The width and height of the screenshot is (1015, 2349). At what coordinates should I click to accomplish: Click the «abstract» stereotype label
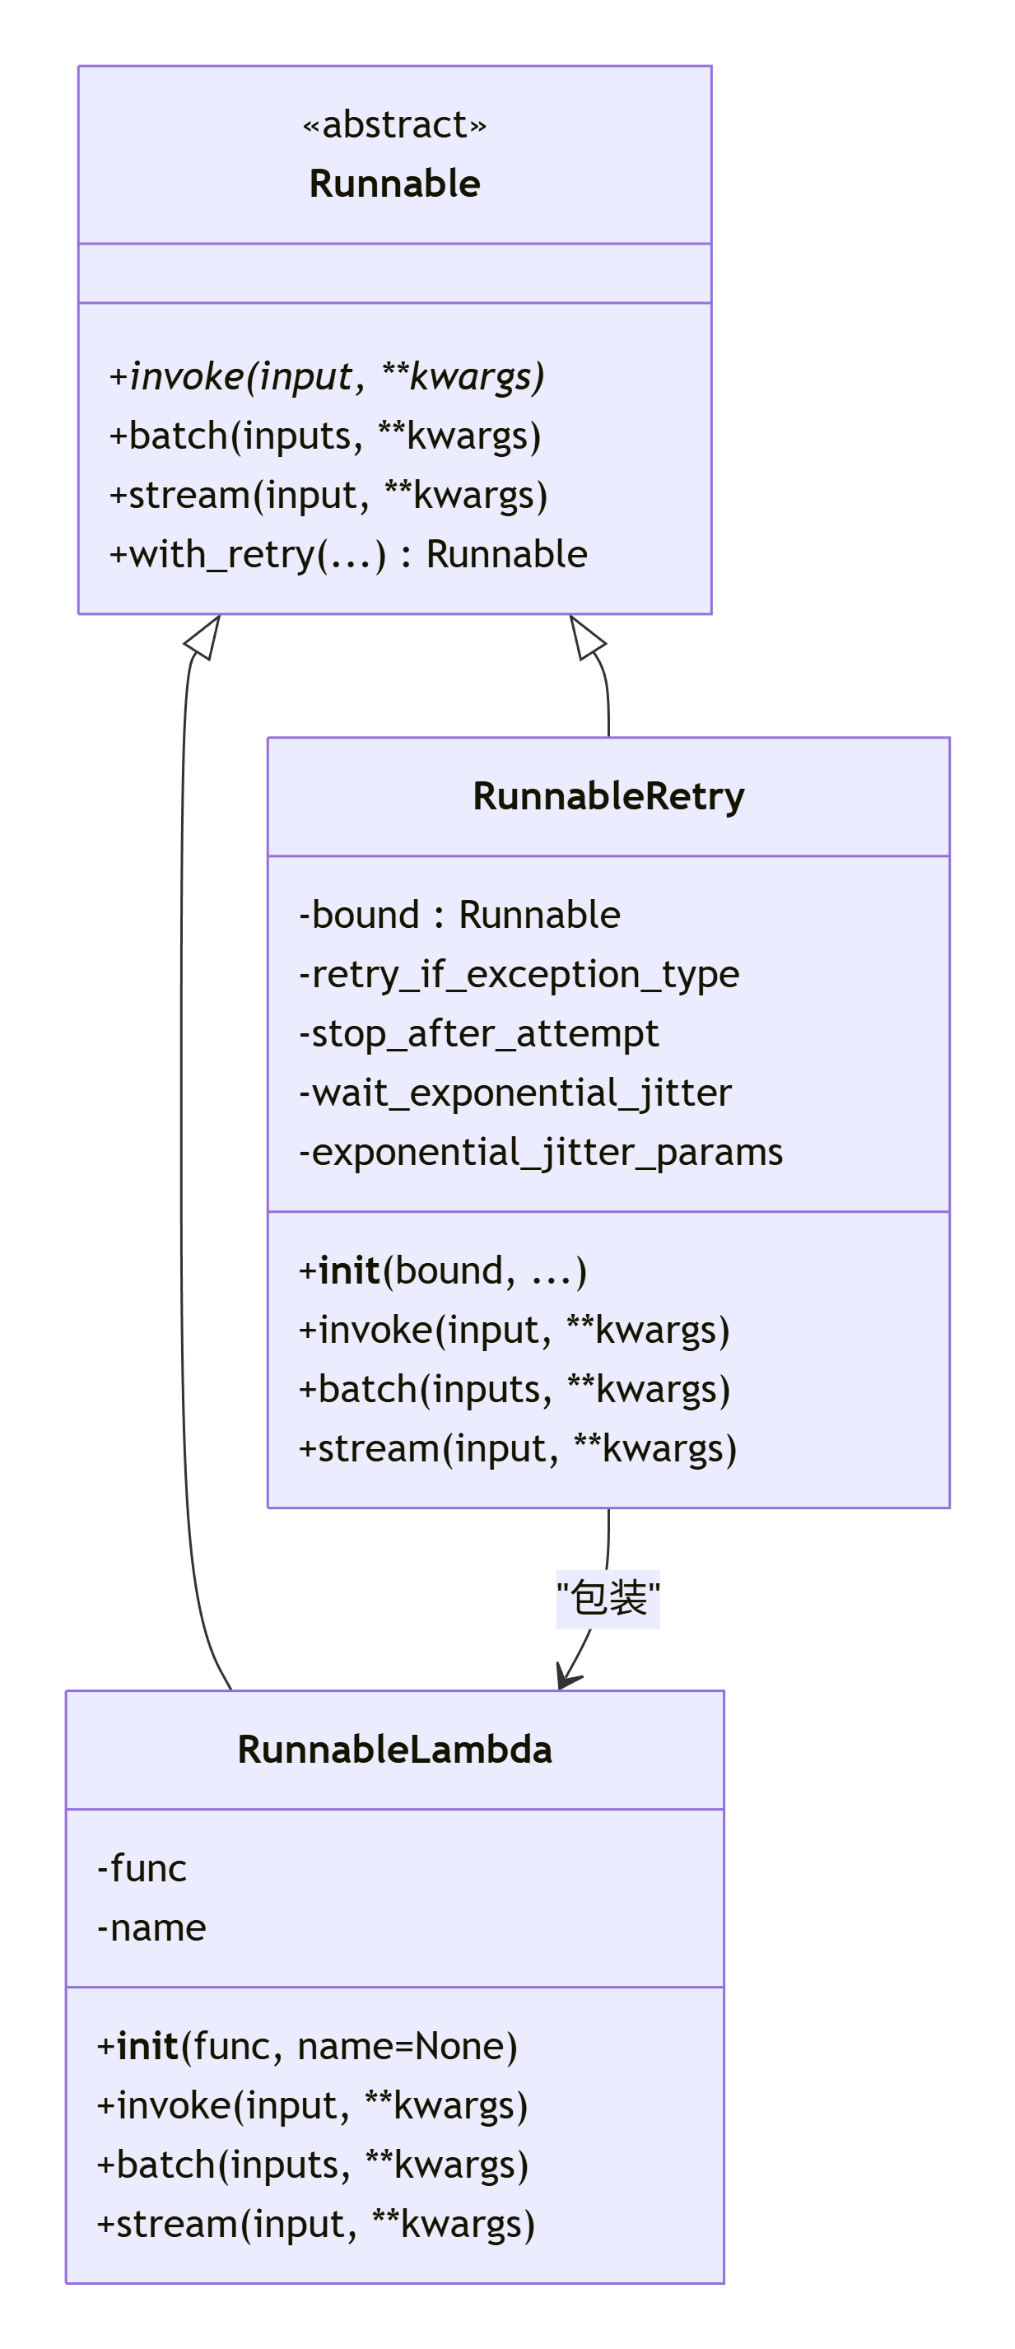pyautogui.click(x=394, y=125)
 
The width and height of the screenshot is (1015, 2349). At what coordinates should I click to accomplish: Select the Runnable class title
pyautogui.click(x=394, y=184)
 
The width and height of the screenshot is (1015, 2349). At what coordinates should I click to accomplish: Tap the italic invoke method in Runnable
pyautogui.click(x=327, y=376)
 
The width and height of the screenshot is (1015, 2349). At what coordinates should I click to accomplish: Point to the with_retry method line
pyautogui.click(x=347, y=554)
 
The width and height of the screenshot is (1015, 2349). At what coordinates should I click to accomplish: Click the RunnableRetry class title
pyautogui.click(x=608, y=796)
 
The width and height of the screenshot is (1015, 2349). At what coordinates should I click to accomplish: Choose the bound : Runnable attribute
pyautogui.click(x=459, y=915)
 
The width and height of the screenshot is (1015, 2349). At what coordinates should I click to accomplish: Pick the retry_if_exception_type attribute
pyautogui.click(x=519, y=974)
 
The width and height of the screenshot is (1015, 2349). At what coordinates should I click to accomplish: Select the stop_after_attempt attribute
pyautogui.click(x=479, y=1033)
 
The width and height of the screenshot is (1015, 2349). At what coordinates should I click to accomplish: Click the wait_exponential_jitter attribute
pyautogui.click(x=515, y=1093)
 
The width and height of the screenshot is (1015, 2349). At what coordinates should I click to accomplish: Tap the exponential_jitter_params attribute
pyautogui.click(x=541, y=1152)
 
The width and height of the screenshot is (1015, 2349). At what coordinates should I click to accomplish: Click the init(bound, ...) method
pyautogui.click(x=442, y=1271)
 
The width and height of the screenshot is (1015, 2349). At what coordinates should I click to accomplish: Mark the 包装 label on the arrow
pyautogui.click(x=608, y=1599)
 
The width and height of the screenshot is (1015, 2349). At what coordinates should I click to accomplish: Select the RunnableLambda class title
pyautogui.click(x=394, y=1750)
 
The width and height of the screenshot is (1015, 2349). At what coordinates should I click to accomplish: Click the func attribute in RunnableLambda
pyautogui.click(x=142, y=1868)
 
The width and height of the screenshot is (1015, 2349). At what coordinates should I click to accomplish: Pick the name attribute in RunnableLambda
pyautogui.click(x=151, y=1927)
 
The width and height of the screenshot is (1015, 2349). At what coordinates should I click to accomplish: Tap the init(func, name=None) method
pyautogui.click(x=307, y=2046)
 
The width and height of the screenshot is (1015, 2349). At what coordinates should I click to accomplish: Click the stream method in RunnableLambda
pyautogui.click(x=315, y=2224)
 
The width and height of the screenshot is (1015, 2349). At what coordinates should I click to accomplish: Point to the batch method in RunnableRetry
pyautogui.click(x=514, y=1390)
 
